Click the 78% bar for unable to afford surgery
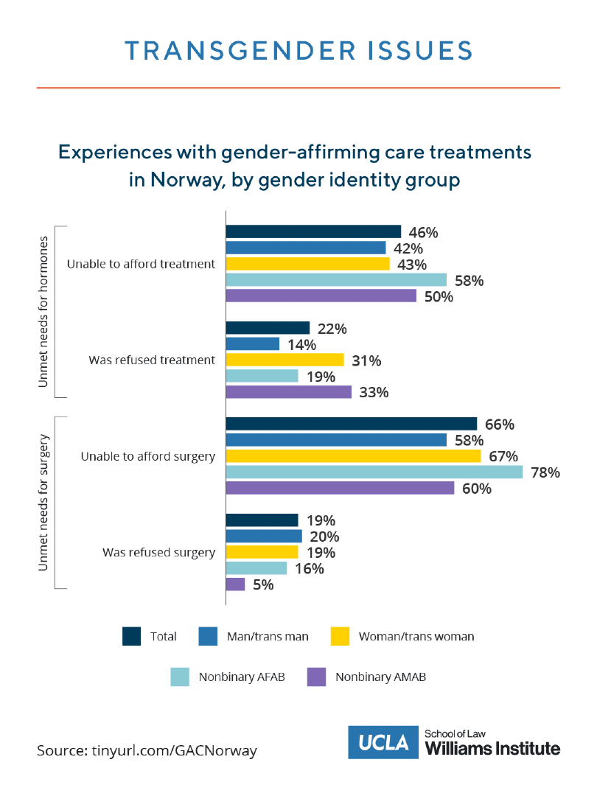(x=374, y=472)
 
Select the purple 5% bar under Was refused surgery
(x=235, y=584)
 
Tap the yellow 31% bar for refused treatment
(x=284, y=360)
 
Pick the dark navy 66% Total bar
(x=351, y=424)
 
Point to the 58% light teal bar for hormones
(x=335, y=279)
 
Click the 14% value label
(x=301, y=344)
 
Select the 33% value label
(x=374, y=392)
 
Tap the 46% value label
(x=423, y=232)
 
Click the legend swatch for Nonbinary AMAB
(x=316, y=677)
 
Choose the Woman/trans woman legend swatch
(x=340, y=636)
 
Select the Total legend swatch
(x=131, y=636)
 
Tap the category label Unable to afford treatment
(x=141, y=264)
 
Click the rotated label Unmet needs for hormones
(x=43, y=312)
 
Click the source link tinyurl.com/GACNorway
(x=174, y=751)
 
